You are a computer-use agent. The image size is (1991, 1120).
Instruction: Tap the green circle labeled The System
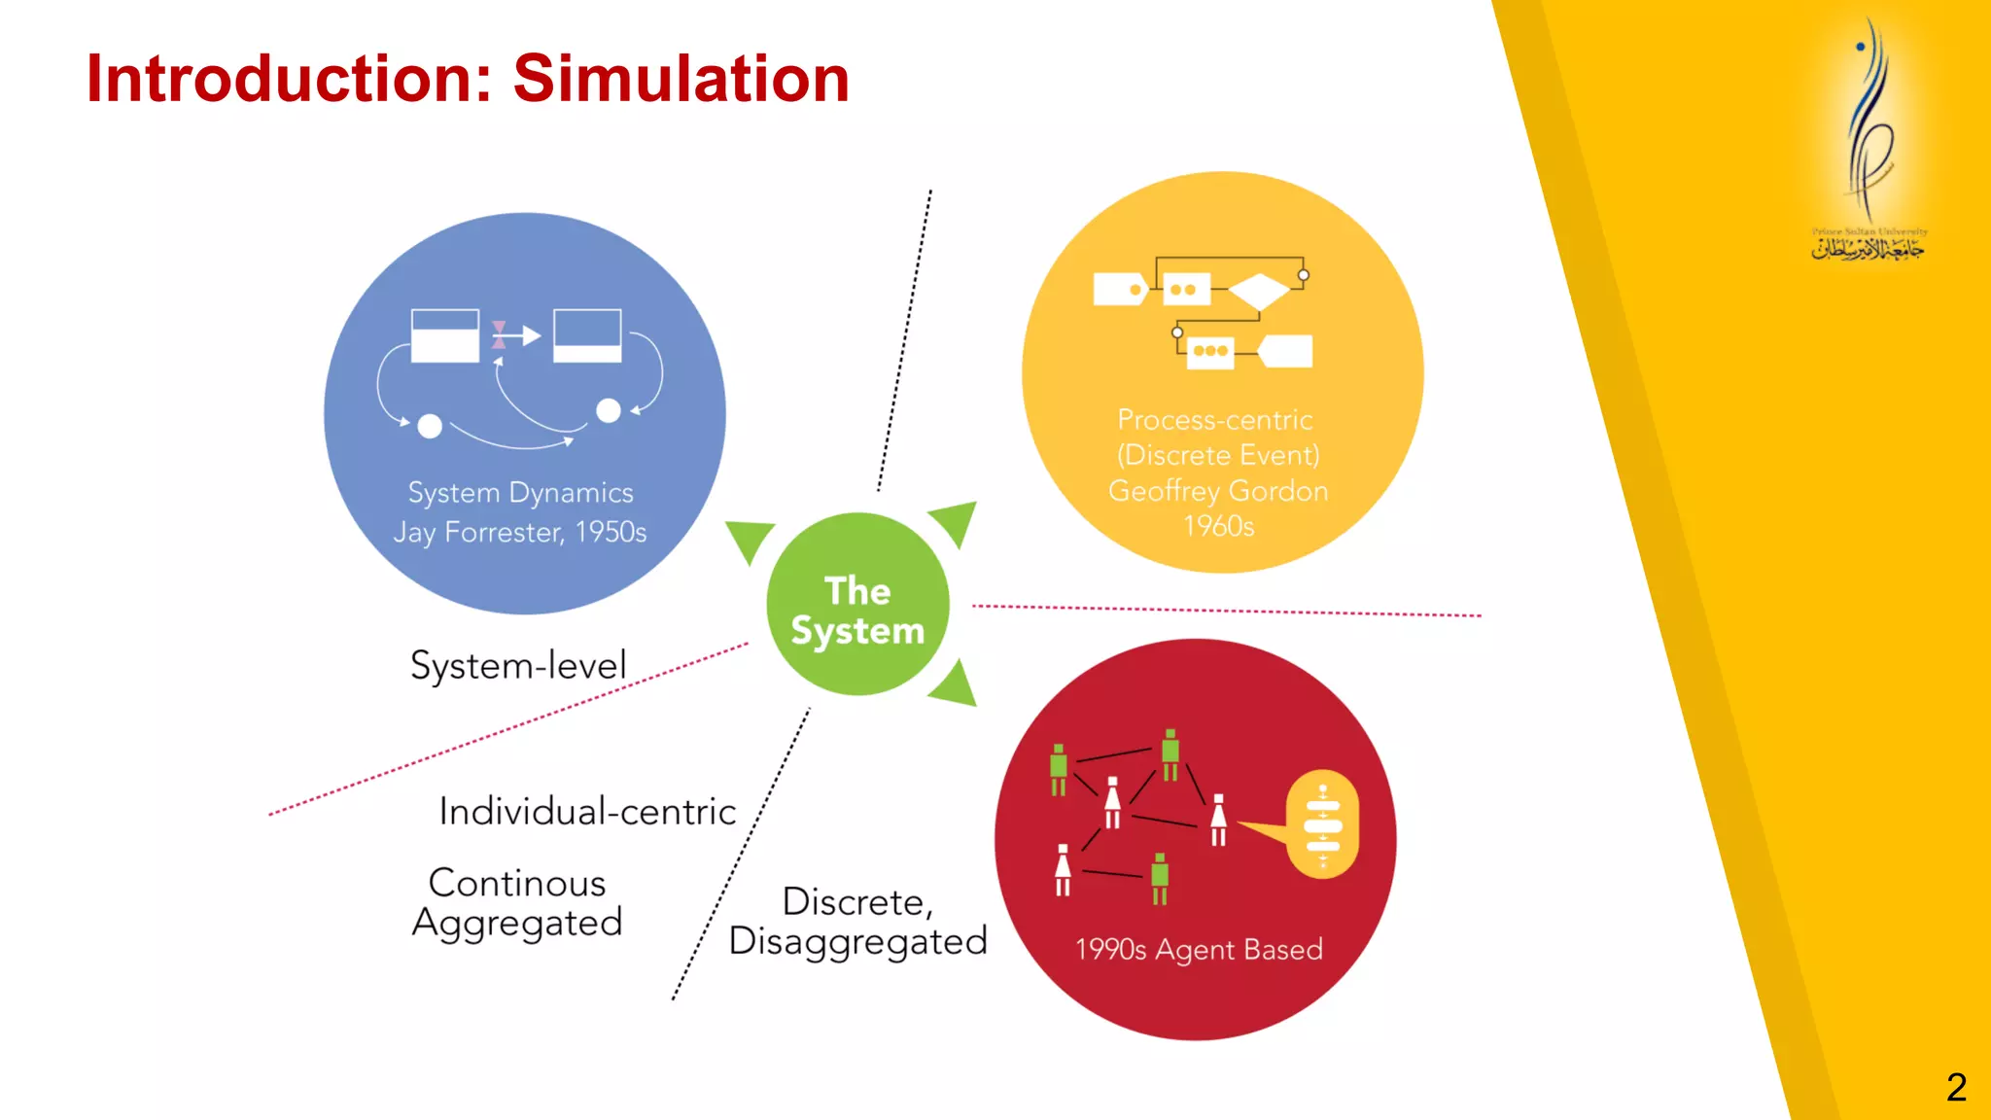(x=857, y=605)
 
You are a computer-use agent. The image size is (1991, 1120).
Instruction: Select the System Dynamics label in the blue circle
(x=520, y=493)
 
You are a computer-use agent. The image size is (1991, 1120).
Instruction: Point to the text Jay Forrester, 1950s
(x=520, y=533)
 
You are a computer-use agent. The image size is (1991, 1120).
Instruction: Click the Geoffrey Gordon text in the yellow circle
(x=1218, y=491)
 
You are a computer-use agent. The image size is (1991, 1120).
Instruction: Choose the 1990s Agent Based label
(x=1199, y=949)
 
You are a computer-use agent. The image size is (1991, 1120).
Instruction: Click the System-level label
(x=518, y=666)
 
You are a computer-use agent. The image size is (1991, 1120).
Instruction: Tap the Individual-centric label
(x=587, y=812)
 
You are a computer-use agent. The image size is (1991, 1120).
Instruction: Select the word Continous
(x=517, y=883)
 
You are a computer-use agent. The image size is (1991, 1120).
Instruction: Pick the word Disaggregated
(x=857, y=941)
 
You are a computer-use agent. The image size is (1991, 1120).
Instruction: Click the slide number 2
(x=1956, y=1087)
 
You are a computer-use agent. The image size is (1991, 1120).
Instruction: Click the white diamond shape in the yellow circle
(x=1259, y=291)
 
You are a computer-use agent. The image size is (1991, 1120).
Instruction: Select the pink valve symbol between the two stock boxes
(x=499, y=335)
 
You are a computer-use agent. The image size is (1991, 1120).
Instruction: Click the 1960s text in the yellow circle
(x=1218, y=526)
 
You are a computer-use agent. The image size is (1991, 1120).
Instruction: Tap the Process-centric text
(x=1215, y=420)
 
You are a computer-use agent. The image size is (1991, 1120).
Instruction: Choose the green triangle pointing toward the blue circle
(x=749, y=540)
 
